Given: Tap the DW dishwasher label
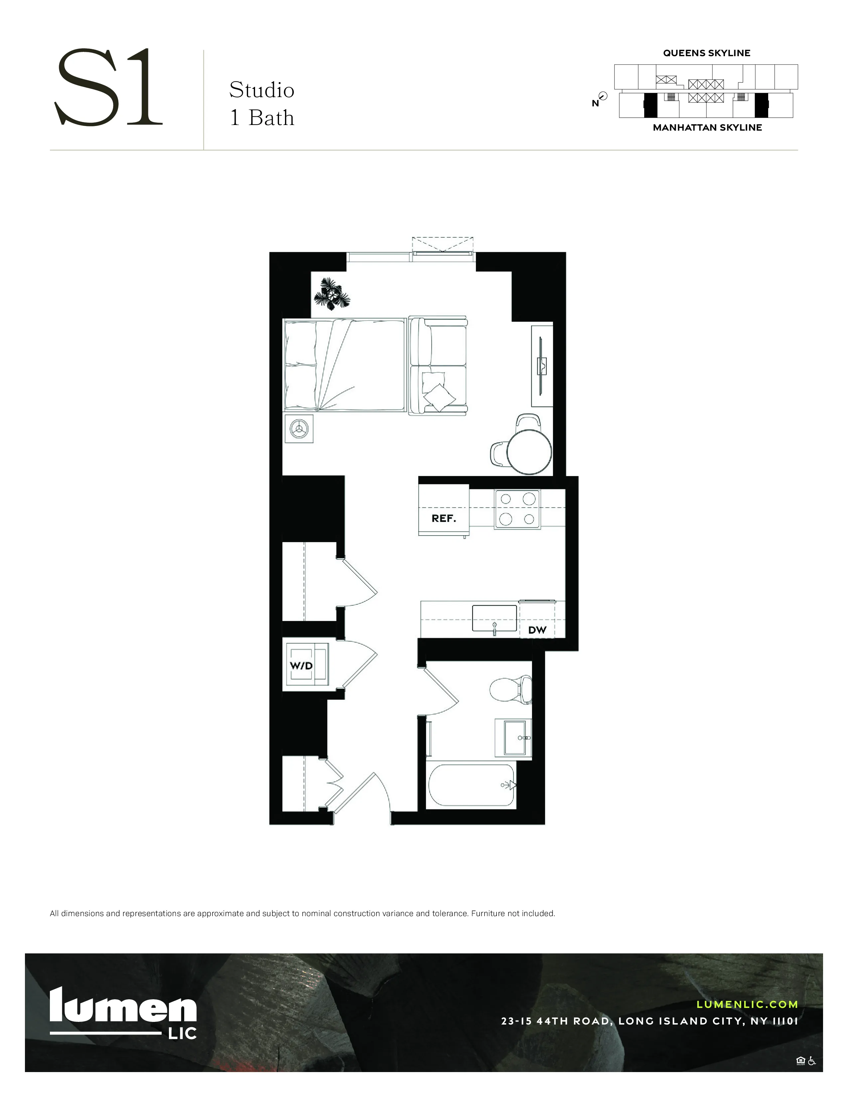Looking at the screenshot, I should pyautogui.click(x=537, y=630).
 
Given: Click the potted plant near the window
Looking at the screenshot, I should pyautogui.click(x=332, y=294).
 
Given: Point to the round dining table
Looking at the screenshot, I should pyautogui.click(x=529, y=451).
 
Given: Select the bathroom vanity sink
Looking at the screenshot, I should pyautogui.click(x=512, y=737).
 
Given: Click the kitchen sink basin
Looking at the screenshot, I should pyautogui.click(x=494, y=618).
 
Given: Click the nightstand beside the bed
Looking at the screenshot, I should pyautogui.click(x=299, y=428).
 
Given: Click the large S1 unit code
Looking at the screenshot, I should pyautogui.click(x=108, y=88).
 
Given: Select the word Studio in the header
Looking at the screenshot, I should pyautogui.click(x=262, y=90).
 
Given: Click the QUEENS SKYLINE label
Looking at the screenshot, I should pyautogui.click(x=706, y=53).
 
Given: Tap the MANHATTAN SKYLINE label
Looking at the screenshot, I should pyautogui.click(x=707, y=128).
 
